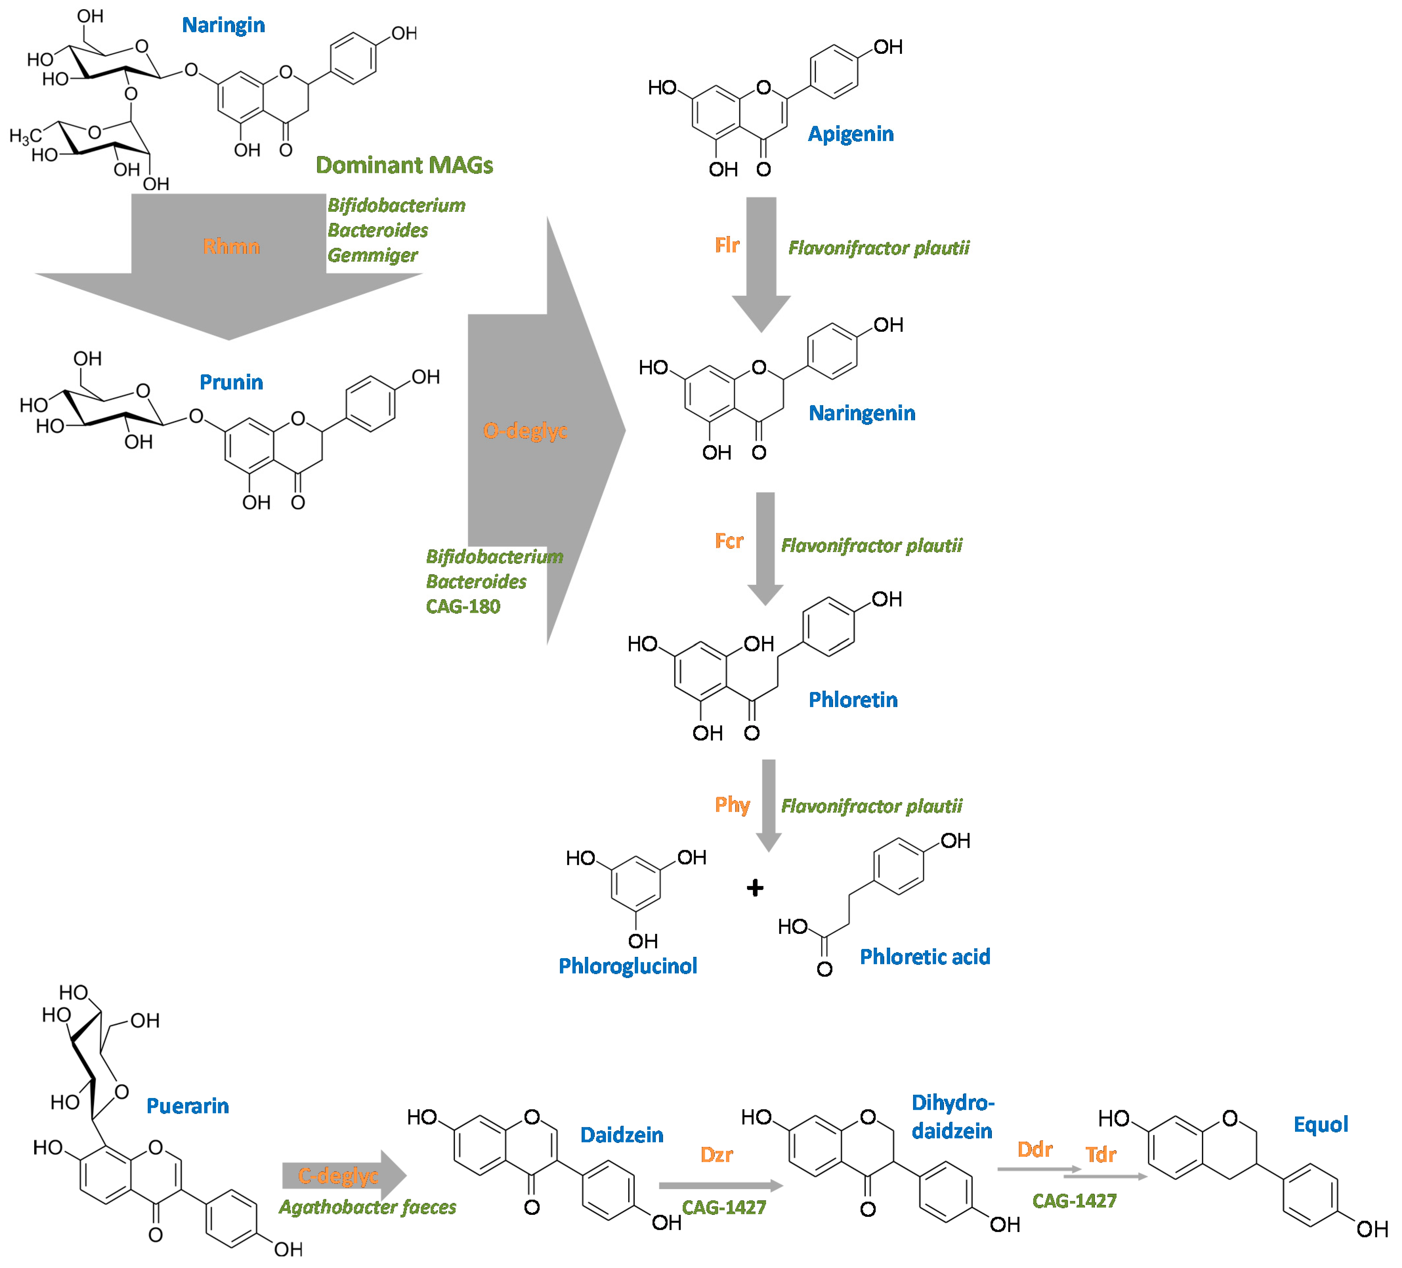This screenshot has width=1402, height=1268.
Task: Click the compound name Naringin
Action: [223, 25]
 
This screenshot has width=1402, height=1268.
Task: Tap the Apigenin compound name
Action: [850, 134]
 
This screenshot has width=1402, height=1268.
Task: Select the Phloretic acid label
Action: [925, 956]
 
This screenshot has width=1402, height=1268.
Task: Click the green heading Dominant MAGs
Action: [404, 165]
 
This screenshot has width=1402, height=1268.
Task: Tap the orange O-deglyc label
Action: [525, 431]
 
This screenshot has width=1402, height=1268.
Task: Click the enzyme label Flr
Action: [727, 245]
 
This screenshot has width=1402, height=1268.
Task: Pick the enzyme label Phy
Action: [732, 805]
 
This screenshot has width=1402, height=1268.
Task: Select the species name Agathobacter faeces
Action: [367, 1207]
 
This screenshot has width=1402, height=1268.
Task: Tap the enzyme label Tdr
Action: [1100, 1155]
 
